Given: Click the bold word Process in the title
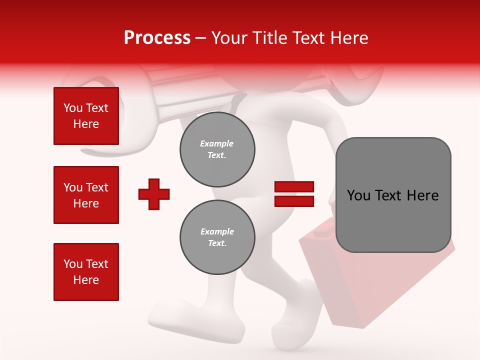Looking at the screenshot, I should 157,38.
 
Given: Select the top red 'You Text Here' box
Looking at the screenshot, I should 86,116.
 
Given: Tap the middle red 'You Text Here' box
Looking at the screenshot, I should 86,195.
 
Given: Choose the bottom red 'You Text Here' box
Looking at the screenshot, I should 86,271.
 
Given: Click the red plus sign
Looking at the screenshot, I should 154,194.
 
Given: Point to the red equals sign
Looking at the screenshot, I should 294,194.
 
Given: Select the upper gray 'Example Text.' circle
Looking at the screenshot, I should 217,149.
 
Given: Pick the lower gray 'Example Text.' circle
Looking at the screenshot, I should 217,237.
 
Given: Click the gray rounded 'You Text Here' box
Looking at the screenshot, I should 393,195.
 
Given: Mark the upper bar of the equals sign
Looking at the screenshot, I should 294,187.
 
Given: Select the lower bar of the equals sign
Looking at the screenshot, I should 294,201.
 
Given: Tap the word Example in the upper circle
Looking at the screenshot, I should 217,143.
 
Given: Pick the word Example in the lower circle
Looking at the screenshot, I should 217,231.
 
